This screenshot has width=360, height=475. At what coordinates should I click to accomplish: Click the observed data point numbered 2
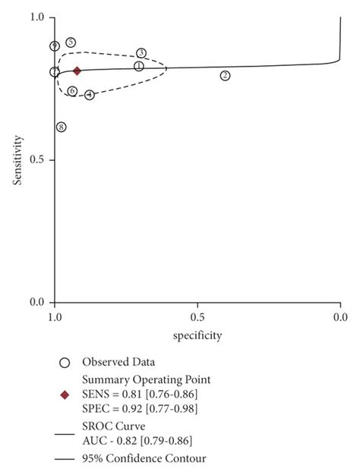coord(225,75)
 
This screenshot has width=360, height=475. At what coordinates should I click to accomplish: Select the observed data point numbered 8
coord(61,127)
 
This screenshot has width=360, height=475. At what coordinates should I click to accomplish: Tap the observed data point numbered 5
coord(71,42)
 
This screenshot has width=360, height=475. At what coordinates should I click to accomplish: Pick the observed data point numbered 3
coord(141,52)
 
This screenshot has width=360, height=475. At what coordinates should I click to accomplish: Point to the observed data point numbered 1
coord(139,66)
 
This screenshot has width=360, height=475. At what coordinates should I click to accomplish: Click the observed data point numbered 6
coord(72,91)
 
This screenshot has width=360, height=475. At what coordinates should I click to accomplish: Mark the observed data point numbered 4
coord(90,95)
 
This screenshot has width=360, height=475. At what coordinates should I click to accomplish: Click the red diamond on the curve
coord(77,71)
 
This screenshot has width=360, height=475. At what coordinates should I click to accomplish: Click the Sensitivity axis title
coord(17,160)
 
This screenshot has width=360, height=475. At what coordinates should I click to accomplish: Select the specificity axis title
coord(197,335)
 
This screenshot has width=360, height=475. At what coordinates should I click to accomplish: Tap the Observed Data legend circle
coord(65,362)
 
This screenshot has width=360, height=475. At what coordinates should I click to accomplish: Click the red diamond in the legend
coord(65,395)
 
